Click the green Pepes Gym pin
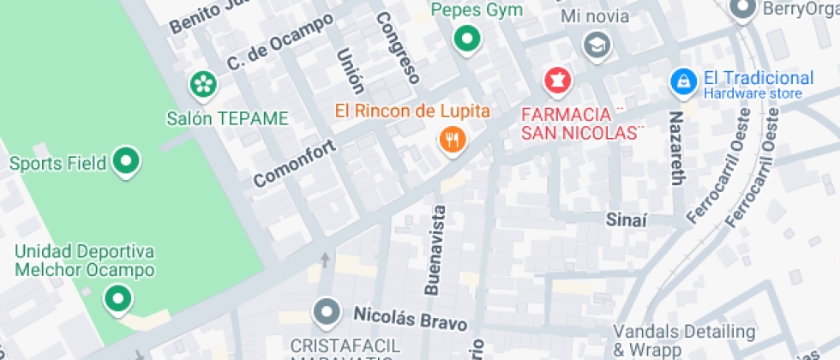pos(466,39)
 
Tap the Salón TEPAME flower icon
pos(203,84)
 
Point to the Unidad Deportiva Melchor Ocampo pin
pos(117,299)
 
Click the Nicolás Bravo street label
pos(411,319)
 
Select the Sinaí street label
pos(625,219)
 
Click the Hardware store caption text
pos(753,93)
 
